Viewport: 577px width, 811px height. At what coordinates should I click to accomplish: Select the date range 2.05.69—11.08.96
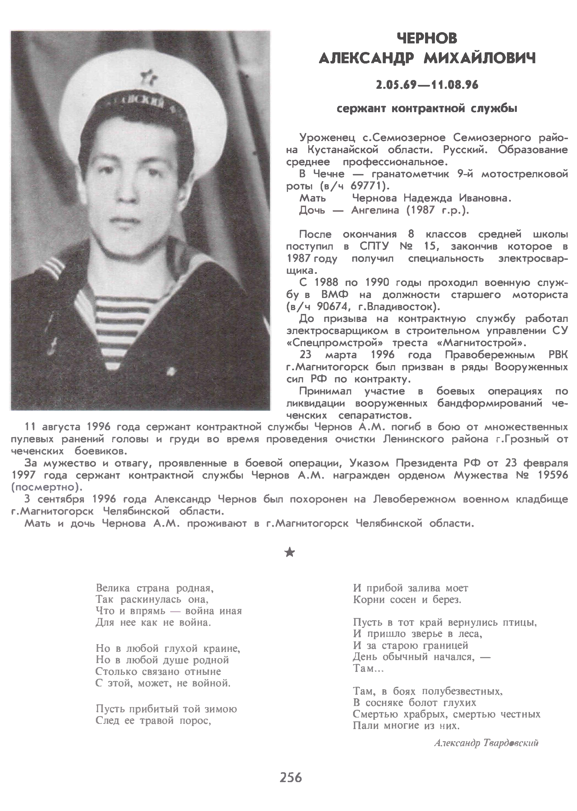(x=427, y=85)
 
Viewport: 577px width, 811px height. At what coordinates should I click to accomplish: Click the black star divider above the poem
(x=290, y=552)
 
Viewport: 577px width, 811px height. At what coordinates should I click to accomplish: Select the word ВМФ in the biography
(x=335, y=295)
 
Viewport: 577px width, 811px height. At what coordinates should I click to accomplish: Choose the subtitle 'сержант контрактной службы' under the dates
(x=427, y=109)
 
